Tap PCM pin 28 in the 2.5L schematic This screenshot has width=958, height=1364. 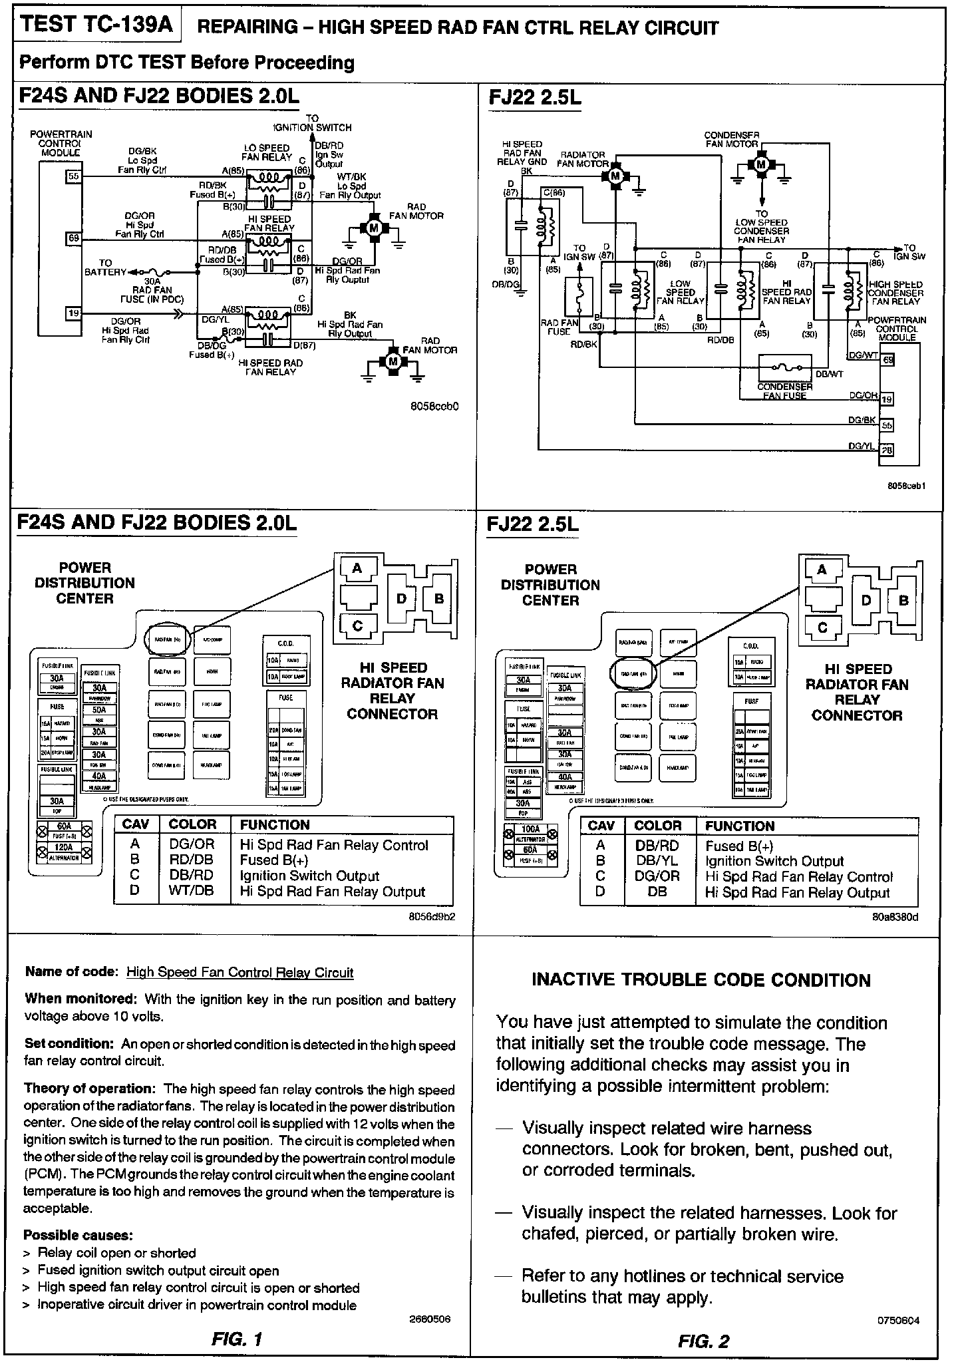pos(887,450)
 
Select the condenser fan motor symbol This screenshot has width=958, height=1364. pos(762,164)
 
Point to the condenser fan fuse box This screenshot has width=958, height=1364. pos(785,368)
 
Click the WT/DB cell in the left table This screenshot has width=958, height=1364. pos(191,892)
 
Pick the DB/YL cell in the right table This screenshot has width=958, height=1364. pos(657,861)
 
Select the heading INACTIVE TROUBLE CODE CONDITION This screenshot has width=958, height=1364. pos(701,980)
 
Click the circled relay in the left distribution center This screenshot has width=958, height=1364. pos(168,639)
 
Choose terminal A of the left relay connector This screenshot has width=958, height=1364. pos(357,568)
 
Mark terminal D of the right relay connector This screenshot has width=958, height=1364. pos(866,601)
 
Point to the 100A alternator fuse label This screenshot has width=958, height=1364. pos(530,830)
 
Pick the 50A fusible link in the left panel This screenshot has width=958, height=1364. pos(98,709)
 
